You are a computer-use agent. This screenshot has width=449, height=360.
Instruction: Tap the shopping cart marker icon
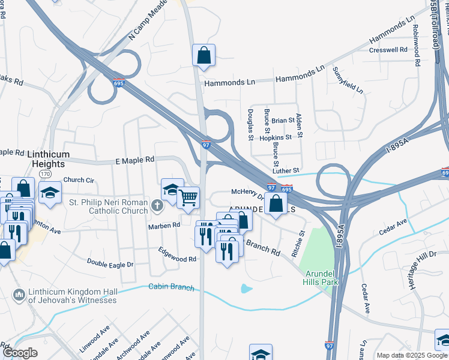[x=188, y=196]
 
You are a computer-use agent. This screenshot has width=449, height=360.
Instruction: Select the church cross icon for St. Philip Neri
[x=157, y=206]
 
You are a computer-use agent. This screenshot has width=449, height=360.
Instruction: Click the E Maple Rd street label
[x=135, y=160]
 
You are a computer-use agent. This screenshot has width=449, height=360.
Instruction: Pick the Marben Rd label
[x=164, y=226]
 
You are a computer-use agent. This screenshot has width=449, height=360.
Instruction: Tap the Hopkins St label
[x=277, y=137]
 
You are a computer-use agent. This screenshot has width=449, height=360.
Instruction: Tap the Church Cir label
[x=79, y=179]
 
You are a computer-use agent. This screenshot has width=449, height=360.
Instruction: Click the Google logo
[x=20, y=353]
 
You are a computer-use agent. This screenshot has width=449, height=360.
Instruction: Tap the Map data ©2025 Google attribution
[x=411, y=355]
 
